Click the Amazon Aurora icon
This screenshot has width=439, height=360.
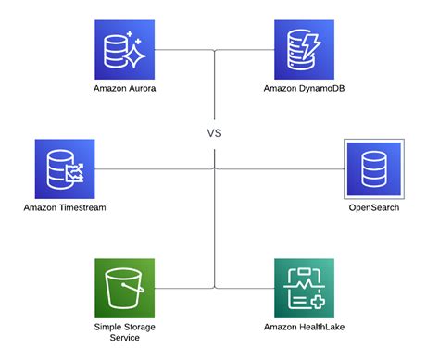click(x=124, y=49)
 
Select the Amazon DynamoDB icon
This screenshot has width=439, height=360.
click(x=304, y=49)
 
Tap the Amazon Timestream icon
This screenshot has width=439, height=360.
click(x=65, y=168)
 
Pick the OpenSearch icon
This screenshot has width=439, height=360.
click(x=374, y=168)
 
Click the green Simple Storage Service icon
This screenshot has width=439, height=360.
click(x=124, y=289)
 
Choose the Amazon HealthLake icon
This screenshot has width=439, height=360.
click(x=304, y=289)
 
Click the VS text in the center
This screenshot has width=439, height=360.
click(x=214, y=133)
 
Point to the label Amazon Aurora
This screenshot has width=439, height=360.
click(x=124, y=89)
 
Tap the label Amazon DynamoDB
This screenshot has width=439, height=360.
click(x=304, y=89)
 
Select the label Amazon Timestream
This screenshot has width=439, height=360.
click(x=65, y=208)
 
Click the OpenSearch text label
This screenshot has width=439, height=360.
click(x=374, y=208)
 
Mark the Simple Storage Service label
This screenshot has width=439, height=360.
click(x=124, y=332)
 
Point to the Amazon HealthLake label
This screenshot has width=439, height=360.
click(x=304, y=328)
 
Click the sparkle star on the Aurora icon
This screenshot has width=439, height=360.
click(x=135, y=57)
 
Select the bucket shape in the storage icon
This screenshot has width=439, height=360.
click(x=124, y=291)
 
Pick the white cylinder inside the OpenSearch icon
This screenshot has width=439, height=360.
click(x=374, y=168)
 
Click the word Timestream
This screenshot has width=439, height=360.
click(x=82, y=208)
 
